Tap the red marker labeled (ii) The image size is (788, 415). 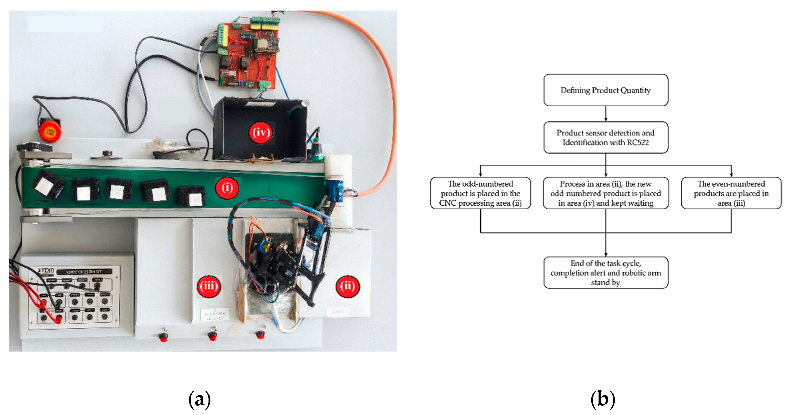[x=348, y=286]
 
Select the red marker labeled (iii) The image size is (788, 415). [x=209, y=286]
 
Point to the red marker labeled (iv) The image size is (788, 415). [x=261, y=133]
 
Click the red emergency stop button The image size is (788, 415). [x=50, y=131]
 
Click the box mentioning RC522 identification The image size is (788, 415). [x=605, y=138]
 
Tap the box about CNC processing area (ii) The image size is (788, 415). [x=480, y=193]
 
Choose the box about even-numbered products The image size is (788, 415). [x=731, y=193]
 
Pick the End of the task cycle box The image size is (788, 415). [x=605, y=273]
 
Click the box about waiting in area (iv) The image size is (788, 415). [x=605, y=193]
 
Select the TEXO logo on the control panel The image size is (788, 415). [x=46, y=271]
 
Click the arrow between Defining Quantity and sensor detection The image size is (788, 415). [x=605, y=114]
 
